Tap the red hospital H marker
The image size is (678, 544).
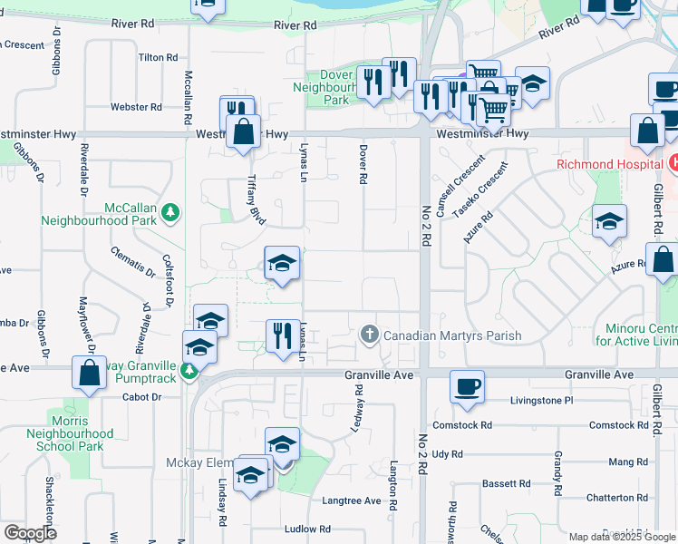pyautogui.click(x=673, y=164)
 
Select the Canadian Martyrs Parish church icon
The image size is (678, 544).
pyautogui.click(x=369, y=335)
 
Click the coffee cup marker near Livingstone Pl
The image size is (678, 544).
pyautogui.click(x=467, y=387)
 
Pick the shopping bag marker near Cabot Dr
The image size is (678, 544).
pyautogui.click(x=90, y=374)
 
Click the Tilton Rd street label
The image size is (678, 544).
pyautogui.click(x=158, y=57)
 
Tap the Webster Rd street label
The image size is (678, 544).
pyautogui.click(x=136, y=107)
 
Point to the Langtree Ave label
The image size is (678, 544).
pyautogui.click(x=352, y=500)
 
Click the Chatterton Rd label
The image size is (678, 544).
pyautogui.click(x=616, y=498)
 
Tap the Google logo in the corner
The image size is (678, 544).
pyautogui.click(x=31, y=533)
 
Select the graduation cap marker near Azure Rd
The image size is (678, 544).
pyautogui.click(x=609, y=222)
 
